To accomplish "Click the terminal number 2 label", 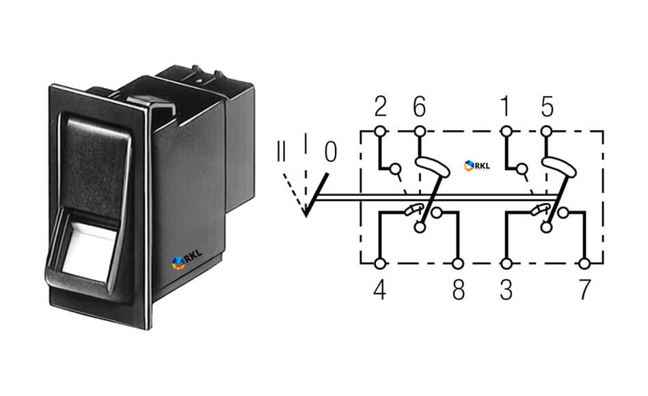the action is [x=381, y=107].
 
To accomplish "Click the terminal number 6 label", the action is [x=419, y=107].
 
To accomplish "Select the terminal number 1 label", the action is [x=505, y=107].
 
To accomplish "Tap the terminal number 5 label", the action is [x=547, y=107].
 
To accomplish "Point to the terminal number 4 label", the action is [x=380, y=290].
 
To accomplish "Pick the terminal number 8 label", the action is [x=458, y=290].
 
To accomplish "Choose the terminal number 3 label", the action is [x=507, y=290].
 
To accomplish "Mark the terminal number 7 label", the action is [x=584, y=290].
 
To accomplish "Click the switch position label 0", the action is [x=331, y=152].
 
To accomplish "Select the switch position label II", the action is [x=281, y=152].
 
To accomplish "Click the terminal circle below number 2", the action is [x=381, y=132].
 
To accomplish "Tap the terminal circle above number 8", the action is [x=458, y=264].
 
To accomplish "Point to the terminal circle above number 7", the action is [x=584, y=264].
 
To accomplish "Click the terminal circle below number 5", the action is [x=547, y=132].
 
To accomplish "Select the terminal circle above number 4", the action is [x=380, y=264].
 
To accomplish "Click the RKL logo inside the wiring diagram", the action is [x=477, y=166].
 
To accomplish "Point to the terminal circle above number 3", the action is [x=507, y=264].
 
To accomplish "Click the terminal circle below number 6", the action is [x=420, y=132].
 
